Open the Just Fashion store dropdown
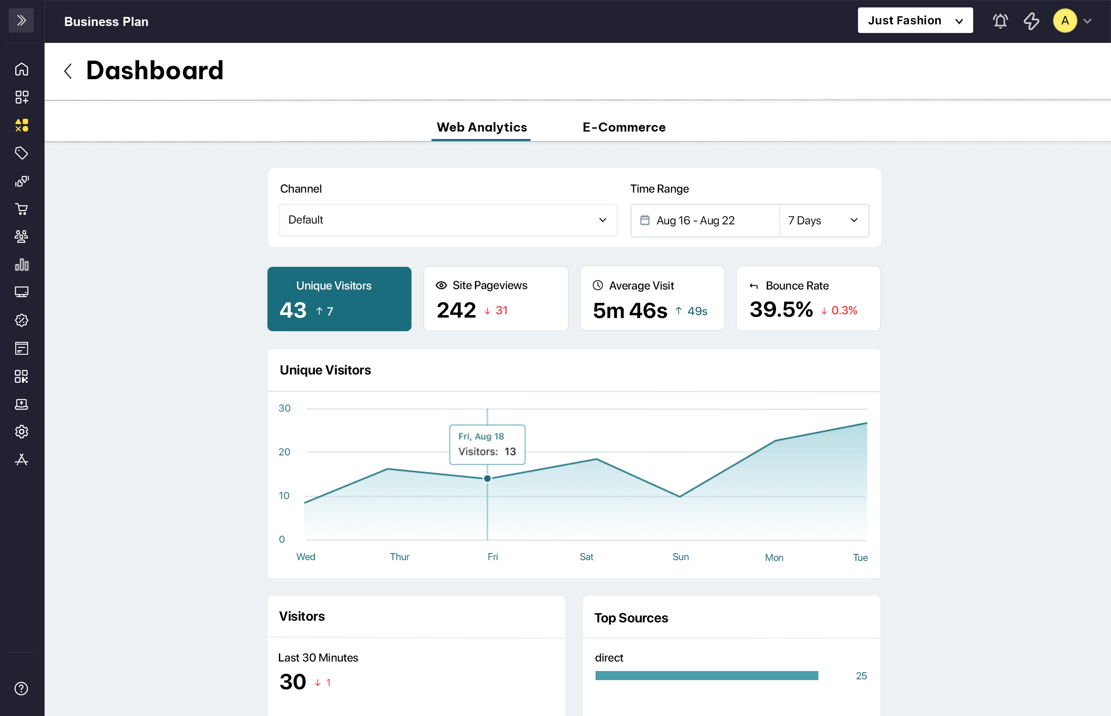[915, 21]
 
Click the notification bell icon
[1000, 21]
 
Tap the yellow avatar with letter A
[1064, 21]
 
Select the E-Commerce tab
[624, 127]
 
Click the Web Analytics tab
[482, 127]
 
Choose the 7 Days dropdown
[823, 220]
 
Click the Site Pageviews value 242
[456, 310]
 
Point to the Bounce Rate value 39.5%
[781, 310]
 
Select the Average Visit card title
[641, 285]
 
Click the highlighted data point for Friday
[487, 478]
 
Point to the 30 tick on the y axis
[284, 408]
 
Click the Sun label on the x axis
[680, 556]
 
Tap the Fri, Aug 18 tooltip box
[487, 444]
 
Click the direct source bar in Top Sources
[706, 676]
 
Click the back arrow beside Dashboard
[68, 71]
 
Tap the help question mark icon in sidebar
[21, 688]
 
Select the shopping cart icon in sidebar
[21, 209]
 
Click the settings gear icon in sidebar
[21, 432]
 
